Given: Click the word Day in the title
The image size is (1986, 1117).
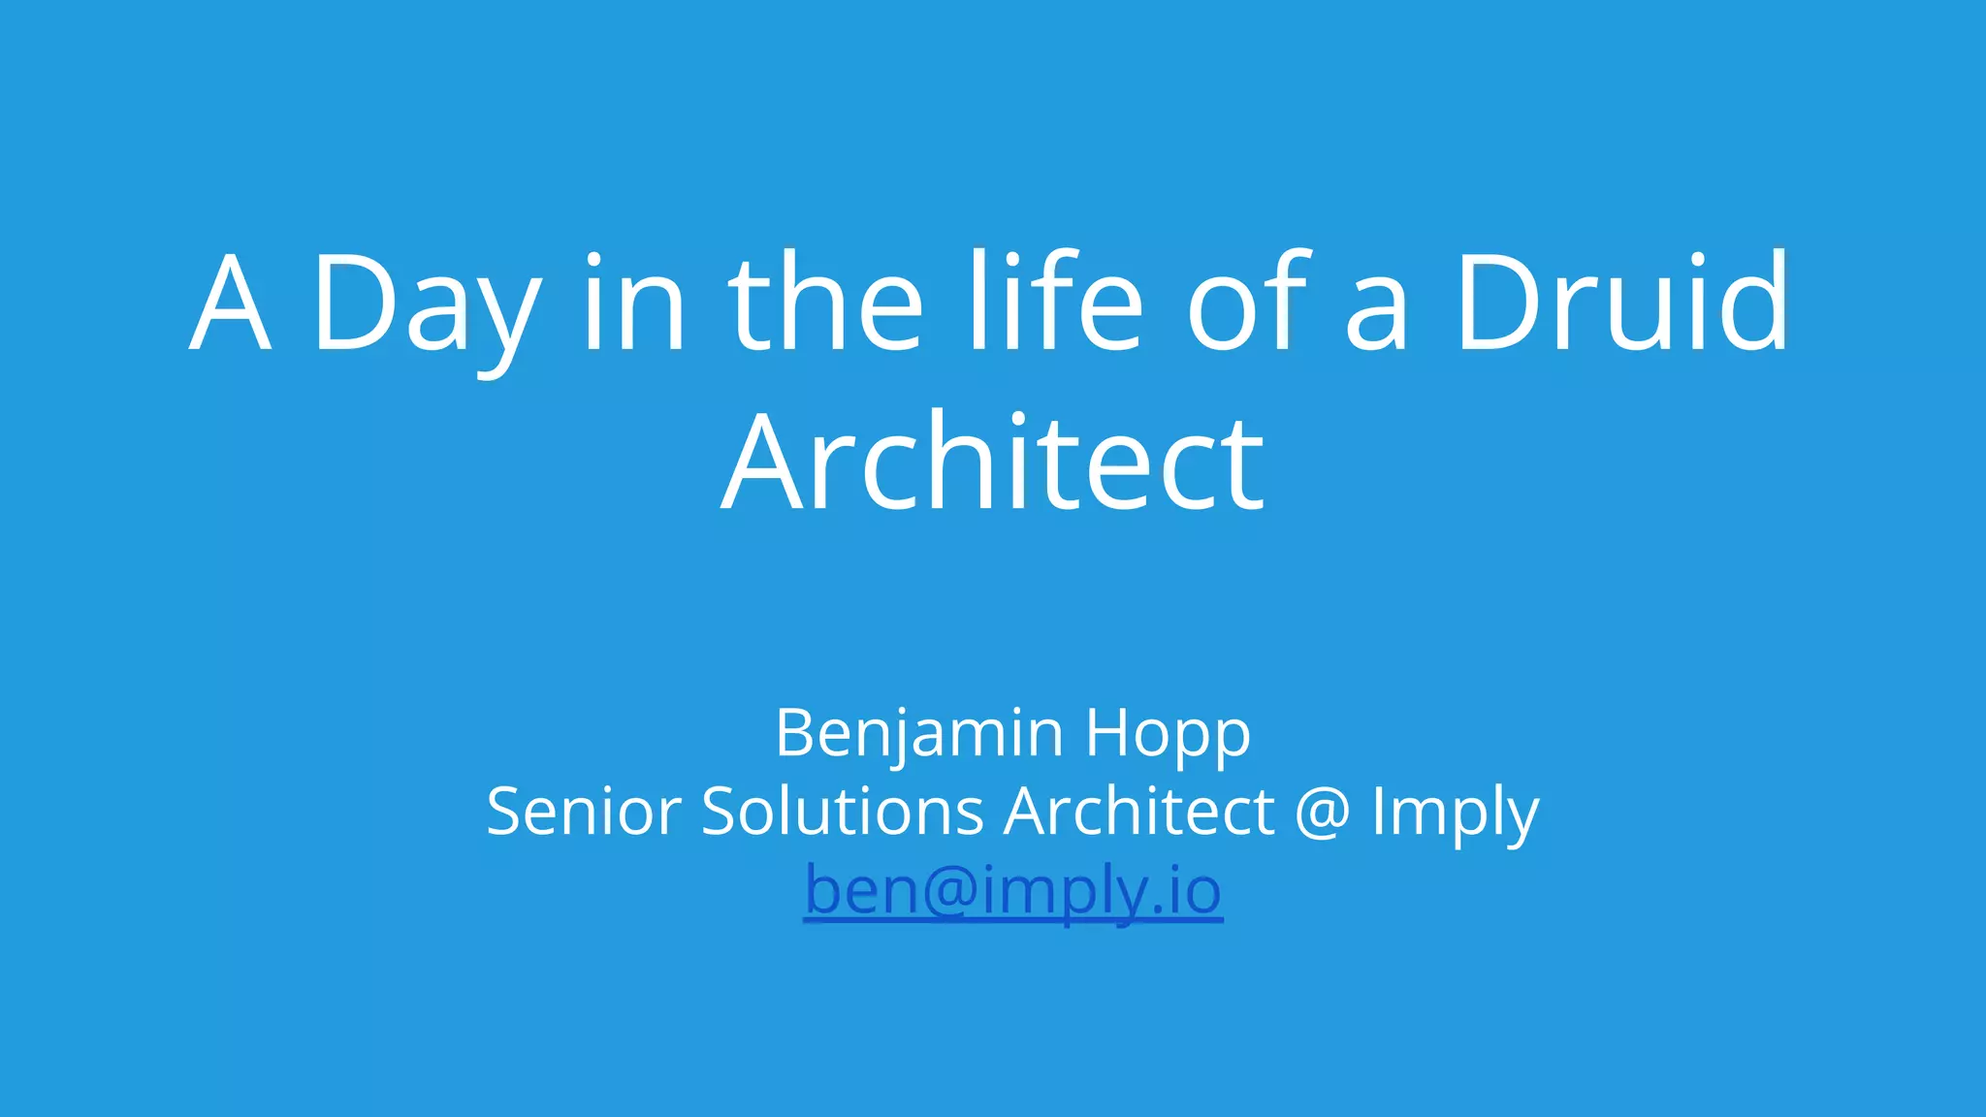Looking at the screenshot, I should (425, 308).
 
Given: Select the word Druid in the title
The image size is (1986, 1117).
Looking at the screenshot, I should (1621, 303).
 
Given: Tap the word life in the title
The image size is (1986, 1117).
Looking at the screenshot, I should (1057, 303).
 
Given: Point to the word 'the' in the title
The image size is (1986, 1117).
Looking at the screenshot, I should (825, 303).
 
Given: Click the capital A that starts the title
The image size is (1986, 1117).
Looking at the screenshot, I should (230, 303).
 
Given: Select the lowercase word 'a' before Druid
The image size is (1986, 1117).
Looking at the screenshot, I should (1377, 315).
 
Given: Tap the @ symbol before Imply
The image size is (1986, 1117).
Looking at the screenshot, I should (1323, 813).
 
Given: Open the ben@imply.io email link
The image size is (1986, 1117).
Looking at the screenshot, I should (1012, 890).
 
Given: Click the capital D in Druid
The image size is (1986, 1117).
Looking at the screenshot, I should (1490, 303).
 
